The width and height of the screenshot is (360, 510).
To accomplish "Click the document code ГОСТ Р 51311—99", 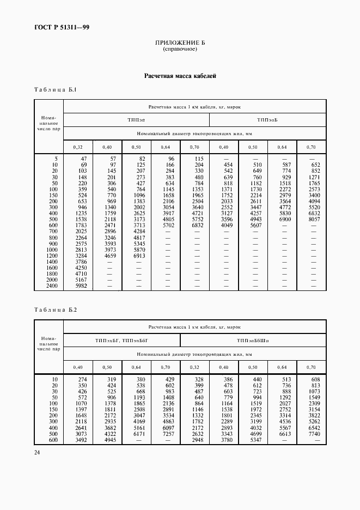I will coord(57,26).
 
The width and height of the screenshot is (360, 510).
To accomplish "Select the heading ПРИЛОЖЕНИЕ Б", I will coord(180,42).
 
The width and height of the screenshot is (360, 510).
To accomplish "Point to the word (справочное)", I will coord(180,49).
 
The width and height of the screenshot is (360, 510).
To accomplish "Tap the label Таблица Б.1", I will coord(56,89).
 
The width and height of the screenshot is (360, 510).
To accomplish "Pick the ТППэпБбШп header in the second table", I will coord(253,341).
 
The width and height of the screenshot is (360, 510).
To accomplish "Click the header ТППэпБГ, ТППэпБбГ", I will coord(121,341).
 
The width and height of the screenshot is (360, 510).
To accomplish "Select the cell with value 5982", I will coord(81,286).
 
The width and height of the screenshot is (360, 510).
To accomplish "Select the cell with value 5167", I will coord(81,278).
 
